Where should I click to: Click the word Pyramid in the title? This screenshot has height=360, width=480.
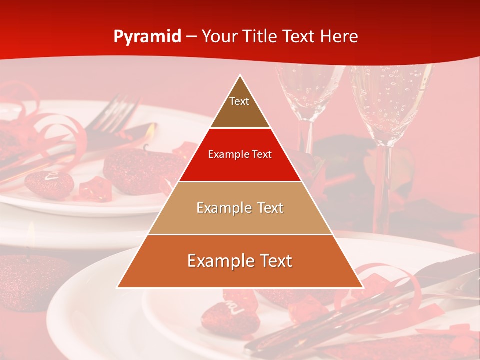[x=147, y=37]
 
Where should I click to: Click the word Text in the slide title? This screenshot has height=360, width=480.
[x=301, y=37]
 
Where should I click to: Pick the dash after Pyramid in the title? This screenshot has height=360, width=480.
[x=191, y=37]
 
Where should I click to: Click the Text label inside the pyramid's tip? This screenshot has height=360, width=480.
[x=239, y=101]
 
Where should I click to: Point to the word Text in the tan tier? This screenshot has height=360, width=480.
[x=268, y=208]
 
